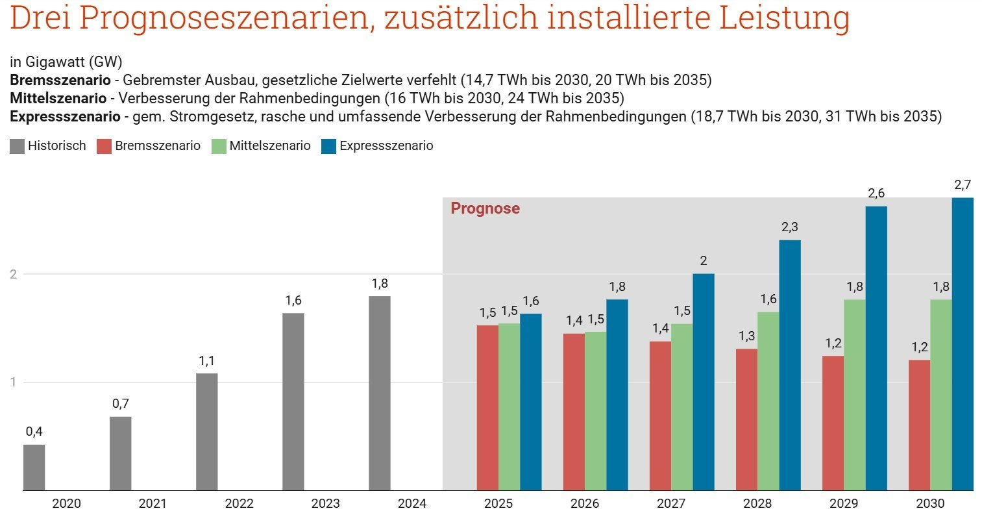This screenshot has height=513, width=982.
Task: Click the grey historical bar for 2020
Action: (34, 468)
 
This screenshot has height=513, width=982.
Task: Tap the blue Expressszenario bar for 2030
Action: (963, 344)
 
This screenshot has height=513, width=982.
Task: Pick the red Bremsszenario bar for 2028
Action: (746, 419)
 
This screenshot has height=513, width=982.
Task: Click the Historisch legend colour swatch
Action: (17, 146)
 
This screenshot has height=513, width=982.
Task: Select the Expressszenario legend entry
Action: (386, 146)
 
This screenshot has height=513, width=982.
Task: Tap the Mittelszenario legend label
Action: (270, 146)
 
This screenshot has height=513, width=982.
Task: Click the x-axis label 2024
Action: (412, 503)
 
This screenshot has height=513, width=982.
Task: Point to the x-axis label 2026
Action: (585, 503)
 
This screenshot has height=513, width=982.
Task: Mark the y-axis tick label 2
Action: (13, 275)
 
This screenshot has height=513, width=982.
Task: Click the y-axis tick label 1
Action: (13, 382)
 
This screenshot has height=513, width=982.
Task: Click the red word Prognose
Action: (485, 208)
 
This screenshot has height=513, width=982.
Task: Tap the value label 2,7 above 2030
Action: (963, 186)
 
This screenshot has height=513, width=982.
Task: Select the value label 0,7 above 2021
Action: (120, 404)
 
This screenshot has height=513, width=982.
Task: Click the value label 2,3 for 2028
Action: (790, 227)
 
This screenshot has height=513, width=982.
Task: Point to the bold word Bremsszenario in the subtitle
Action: (60, 81)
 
